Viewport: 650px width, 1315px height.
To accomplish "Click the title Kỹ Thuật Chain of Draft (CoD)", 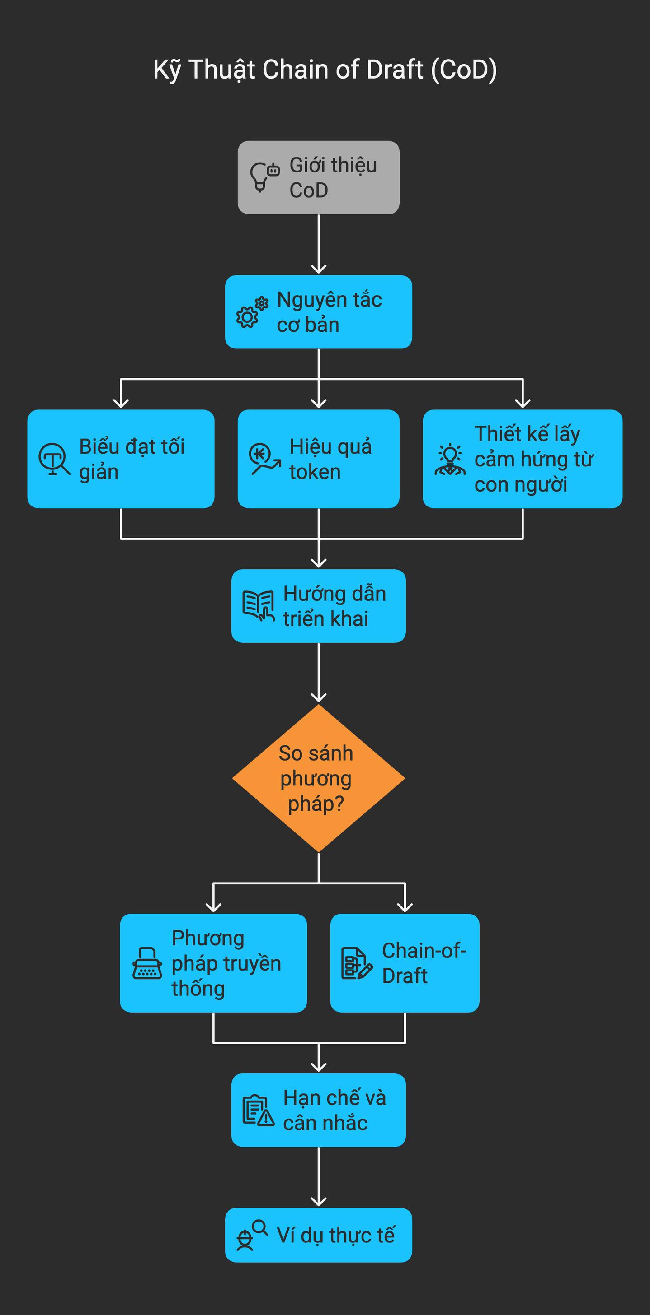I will click(x=325, y=70).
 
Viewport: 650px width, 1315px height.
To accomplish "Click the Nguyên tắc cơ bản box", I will click(x=318, y=312).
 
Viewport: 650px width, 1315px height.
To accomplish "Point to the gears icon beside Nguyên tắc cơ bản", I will click(x=252, y=312).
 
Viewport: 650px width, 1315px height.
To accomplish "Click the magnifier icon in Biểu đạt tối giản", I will click(x=54, y=459).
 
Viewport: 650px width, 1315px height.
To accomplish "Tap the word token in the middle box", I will click(x=315, y=472).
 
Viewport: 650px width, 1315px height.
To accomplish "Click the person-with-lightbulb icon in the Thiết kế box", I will click(x=450, y=460).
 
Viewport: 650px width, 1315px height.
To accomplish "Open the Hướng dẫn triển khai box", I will click(x=318, y=605).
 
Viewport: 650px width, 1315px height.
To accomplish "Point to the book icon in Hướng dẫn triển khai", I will click(x=258, y=606).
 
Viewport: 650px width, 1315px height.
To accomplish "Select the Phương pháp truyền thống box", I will click(x=213, y=963).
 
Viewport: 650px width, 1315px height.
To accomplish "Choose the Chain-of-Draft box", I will click(x=405, y=963).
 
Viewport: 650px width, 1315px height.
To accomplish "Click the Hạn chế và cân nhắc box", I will click(x=318, y=1110).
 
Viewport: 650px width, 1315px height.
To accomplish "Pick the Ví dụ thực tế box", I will click(x=318, y=1235).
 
